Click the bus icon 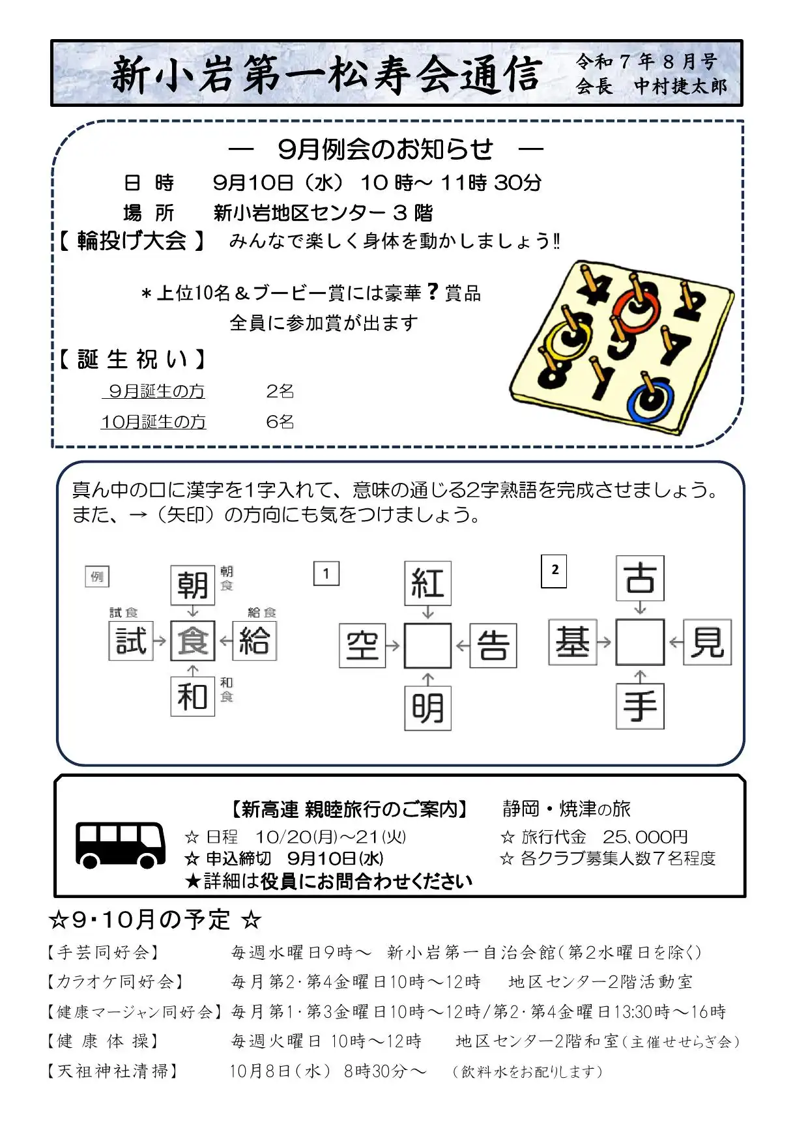click(x=121, y=845)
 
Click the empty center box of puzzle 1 click(x=427, y=646)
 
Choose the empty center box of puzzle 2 click(x=640, y=643)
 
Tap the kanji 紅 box click(x=427, y=583)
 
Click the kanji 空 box click(x=362, y=646)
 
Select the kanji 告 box click(x=493, y=646)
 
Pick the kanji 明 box click(x=427, y=708)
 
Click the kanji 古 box click(x=640, y=578)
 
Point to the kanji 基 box click(x=573, y=643)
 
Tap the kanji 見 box click(x=708, y=643)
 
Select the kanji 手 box click(x=640, y=706)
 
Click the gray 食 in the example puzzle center click(x=193, y=641)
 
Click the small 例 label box click(x=97, y=577)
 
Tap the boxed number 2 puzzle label click(x=554, y=571)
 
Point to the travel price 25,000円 click(x=644, y=837)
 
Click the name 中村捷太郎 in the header click(x=680, y=86)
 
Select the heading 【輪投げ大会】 click(x=132, y=241)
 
